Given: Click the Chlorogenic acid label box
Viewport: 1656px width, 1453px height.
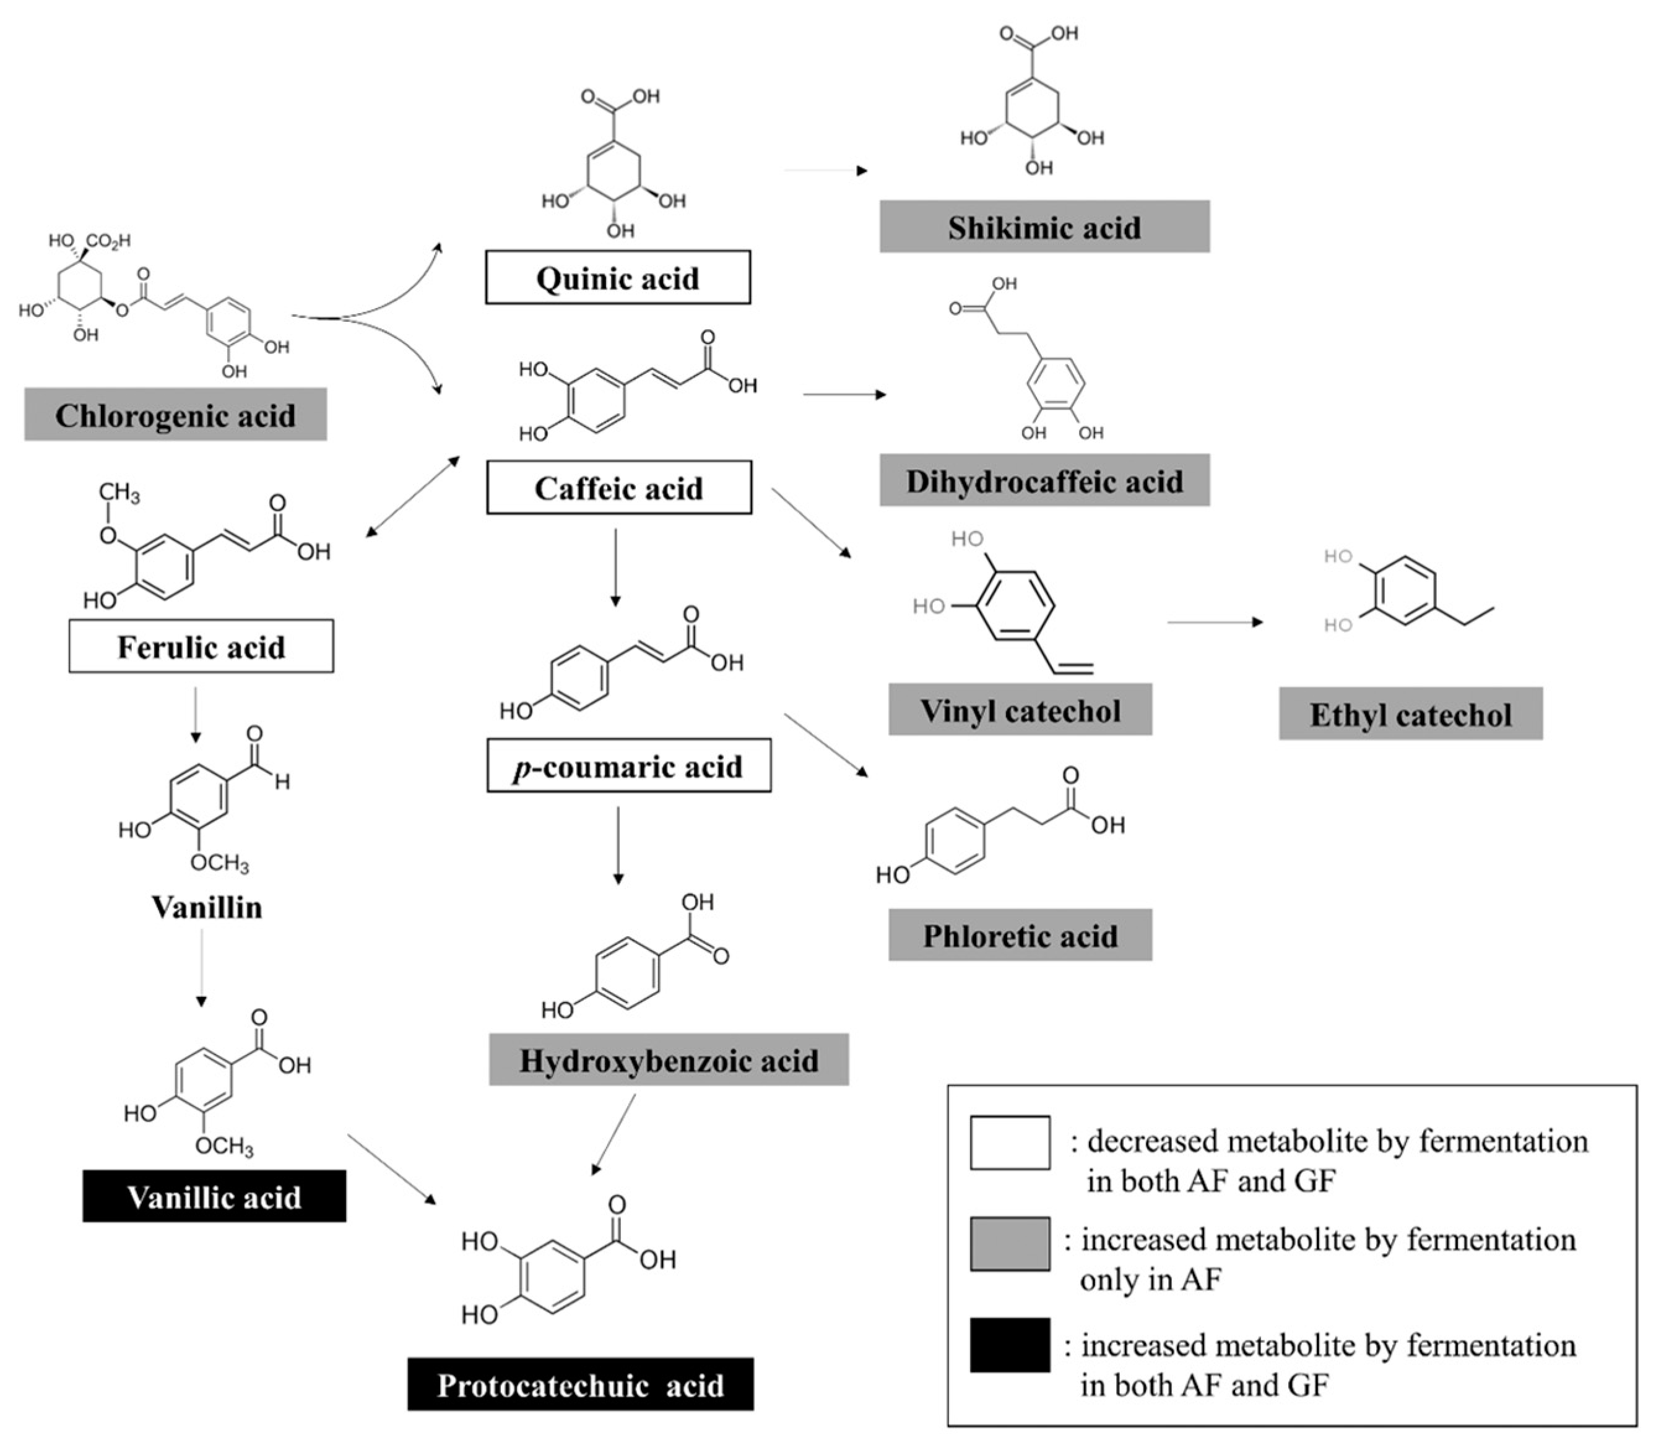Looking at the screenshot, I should pos(175,414).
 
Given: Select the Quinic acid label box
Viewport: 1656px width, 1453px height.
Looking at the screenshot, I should pos(617,277).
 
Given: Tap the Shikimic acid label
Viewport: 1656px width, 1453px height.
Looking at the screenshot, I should pos(1044,226).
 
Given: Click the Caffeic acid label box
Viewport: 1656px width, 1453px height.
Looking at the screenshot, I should pos(618,488).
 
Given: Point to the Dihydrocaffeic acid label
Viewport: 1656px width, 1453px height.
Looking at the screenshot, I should pos(1044,480).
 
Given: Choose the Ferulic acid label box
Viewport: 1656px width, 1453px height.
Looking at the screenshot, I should pos(201,646).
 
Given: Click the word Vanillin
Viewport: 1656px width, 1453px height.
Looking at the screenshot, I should pos(207,907).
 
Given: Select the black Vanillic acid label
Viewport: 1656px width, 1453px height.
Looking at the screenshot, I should pos(214,1196).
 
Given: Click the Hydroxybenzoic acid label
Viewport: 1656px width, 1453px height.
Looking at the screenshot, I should pos(669,1059).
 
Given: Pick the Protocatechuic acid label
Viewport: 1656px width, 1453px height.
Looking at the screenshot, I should pos(580,1385).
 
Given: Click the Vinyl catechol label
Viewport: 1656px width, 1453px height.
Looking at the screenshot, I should pos(1020,710).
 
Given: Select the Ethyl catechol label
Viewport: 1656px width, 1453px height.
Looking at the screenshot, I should pos(1410,714).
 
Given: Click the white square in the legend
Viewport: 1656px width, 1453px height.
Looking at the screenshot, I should pos(1010,1143).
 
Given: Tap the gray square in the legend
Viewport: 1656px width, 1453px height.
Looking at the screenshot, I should pos(1010,1243).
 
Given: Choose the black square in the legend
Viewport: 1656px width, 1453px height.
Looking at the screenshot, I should pos(1010,1345).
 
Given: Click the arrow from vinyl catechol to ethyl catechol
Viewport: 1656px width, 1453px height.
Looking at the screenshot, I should pos(1215,622).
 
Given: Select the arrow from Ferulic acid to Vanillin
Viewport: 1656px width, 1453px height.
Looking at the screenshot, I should pos(195,714).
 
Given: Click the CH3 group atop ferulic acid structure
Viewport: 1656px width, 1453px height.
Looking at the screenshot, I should pos(119,493).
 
